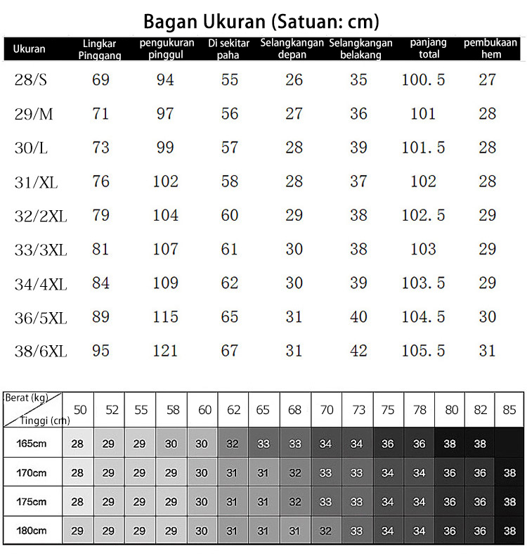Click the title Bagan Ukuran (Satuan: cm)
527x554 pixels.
261,21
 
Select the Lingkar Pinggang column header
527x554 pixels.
100,49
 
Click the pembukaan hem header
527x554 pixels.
490,49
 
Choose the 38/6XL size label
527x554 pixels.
40,351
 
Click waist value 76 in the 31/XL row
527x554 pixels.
100,181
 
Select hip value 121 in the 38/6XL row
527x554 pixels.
165,351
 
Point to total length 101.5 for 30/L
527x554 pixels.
423,148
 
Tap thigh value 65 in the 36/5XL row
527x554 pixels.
230,317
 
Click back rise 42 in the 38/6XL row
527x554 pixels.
358,351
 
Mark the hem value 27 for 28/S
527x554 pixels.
488,80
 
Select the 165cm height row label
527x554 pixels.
32,444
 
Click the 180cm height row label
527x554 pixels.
32,531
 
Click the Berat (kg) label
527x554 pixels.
27,398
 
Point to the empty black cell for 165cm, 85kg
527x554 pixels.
509,444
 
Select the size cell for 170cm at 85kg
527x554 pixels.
509,473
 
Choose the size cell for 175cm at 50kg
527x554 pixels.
77,502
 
